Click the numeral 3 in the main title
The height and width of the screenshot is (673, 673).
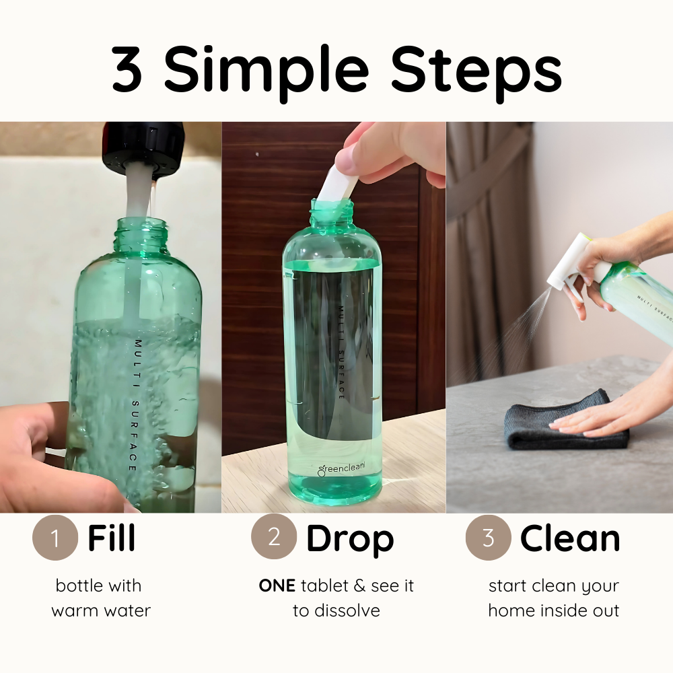coord(127,70)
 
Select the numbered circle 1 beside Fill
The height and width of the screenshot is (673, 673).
coord(55,538)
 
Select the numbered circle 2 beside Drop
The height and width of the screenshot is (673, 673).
coord(274,538)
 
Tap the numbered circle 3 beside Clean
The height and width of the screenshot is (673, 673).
coord(488,538)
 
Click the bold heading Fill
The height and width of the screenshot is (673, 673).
coord(112,538)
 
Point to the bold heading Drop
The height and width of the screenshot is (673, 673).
coord(350,538)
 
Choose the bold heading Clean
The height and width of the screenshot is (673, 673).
coord(570,538)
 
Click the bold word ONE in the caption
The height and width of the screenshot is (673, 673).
coord(277,586)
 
